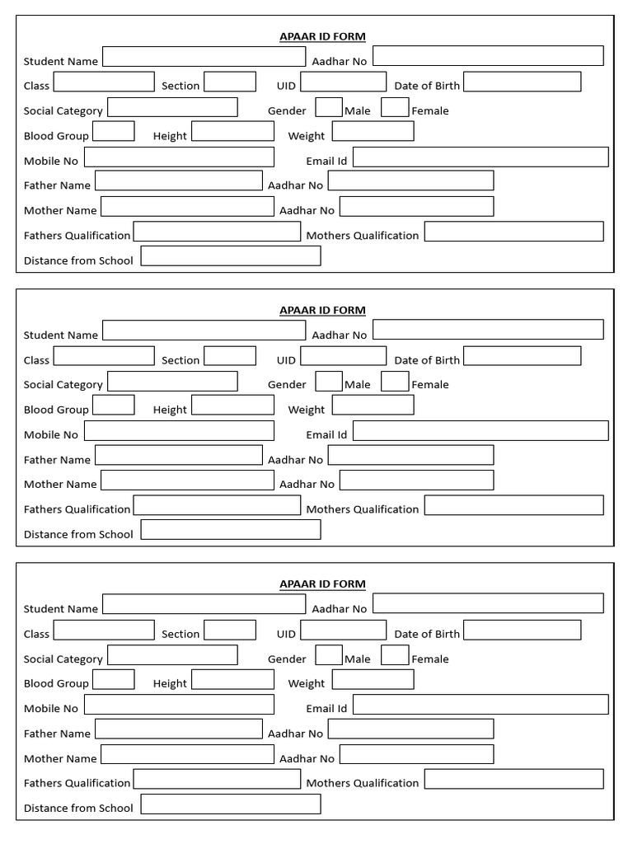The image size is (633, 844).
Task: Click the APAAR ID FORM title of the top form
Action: click(x=322, y=36)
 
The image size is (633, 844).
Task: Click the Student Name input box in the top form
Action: click(x=204, y=57)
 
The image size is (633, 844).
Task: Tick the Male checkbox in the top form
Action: click(x=329, y=107)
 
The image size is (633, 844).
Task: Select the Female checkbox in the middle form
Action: click(x=395, y=381)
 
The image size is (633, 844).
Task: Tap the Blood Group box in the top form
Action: click(x=114, y=131)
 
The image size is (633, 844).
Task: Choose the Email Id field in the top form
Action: click(x=481, y=157)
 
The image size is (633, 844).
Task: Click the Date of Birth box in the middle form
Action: click(x=522, y=356)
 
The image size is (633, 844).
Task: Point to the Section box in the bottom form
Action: click(x=230, y=630)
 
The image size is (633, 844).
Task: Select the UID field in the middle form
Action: click(x=343, y=356)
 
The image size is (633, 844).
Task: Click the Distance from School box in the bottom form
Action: click(x=231, y=804)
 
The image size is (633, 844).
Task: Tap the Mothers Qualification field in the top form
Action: click(x=513, y=232)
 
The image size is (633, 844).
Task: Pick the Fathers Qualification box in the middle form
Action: click(x=217, y=505)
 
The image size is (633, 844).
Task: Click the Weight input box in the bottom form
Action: click(x=373, y=679)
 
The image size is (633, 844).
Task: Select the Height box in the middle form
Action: click(x=232, y=406)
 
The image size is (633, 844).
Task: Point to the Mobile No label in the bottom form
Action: click(x=51, y=709)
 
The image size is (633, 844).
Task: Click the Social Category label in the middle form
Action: click(x=63, y=385)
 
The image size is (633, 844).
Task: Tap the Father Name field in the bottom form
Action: click(x=179, y=729)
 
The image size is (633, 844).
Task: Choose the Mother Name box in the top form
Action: click(x=187, y=206)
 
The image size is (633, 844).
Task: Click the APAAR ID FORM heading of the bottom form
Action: click(x=322, y=584)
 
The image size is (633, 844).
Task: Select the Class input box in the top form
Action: click(x=104, y=82)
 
